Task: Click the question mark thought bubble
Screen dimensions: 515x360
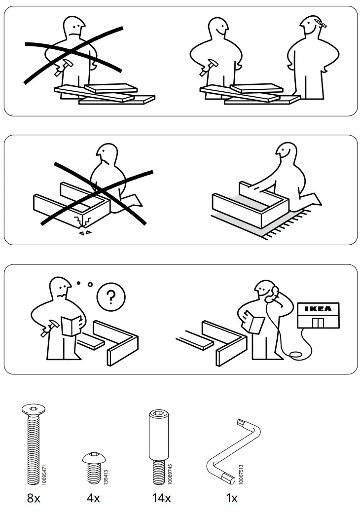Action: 111,297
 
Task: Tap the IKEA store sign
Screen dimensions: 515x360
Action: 318,309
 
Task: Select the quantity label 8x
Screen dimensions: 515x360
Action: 33,498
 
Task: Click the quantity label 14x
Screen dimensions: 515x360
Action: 161,498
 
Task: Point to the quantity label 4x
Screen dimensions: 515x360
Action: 93,498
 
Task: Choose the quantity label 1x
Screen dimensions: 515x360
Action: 231,498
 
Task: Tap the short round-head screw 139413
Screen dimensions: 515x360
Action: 92,466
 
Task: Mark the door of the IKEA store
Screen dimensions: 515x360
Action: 318,323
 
